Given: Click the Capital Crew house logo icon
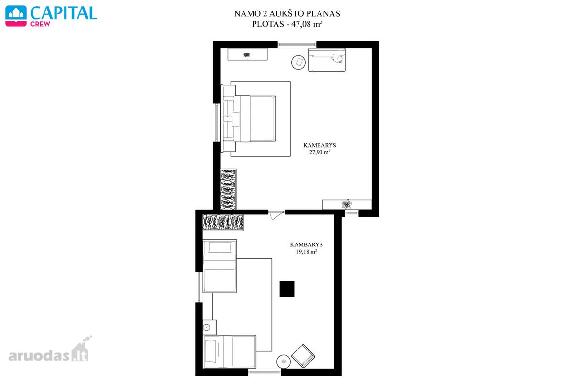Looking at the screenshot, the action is point(16,16).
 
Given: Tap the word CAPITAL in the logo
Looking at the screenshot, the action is point(64,13).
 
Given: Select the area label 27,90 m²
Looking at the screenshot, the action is point(320,152).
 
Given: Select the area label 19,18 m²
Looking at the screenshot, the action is point(307,252).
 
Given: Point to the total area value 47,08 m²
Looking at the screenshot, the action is point(307,24).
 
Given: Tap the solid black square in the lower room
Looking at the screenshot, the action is point(287,289).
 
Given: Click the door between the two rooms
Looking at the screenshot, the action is point(276,214).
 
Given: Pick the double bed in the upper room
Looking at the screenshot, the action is point(249,118).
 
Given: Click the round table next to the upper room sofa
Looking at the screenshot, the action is point(298,62).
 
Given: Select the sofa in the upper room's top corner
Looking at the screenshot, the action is point(327,60).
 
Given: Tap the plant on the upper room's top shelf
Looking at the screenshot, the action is point(247,54).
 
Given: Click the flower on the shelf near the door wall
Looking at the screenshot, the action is point(346,204).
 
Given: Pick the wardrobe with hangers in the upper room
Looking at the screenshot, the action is point(228,189).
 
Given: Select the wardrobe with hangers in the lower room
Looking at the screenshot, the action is point(223,223).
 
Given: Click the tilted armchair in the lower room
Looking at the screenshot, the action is point(303,356).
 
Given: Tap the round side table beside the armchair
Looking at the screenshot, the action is point(283,361).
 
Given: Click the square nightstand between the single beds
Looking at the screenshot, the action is point(210,327).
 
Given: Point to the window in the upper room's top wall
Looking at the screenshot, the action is point(297,44).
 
